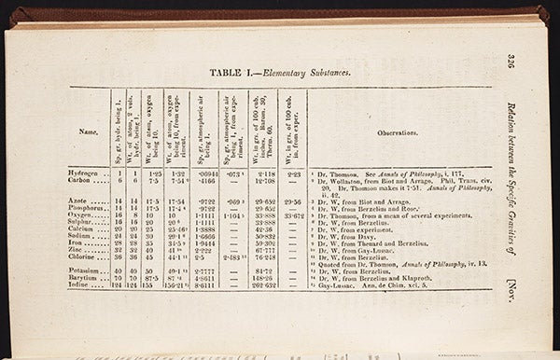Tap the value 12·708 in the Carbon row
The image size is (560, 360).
262,181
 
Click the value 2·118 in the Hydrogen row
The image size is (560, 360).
262,173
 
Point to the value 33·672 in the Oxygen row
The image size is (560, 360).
293,215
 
